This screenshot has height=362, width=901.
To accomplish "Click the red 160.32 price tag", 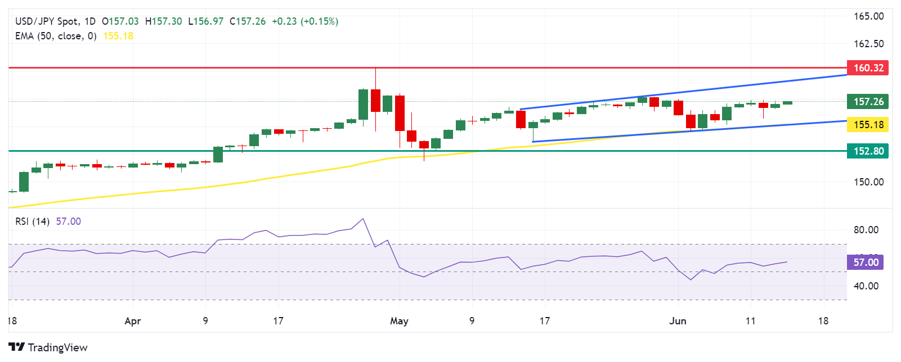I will pos(867,68).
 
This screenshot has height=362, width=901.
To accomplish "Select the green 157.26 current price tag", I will pos(867,102).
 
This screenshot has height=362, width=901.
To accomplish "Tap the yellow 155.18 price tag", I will pos(867,125).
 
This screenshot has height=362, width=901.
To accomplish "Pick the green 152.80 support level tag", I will pos(867,151).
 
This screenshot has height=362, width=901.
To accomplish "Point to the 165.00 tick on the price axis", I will pos(868,16).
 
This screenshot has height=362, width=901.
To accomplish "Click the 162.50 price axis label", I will pos(868,44).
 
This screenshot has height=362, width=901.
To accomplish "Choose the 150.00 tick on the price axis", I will pos(868,182).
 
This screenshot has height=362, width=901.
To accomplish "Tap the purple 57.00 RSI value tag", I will pos(865,263).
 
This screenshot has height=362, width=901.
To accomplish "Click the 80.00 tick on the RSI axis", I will pos(866,230).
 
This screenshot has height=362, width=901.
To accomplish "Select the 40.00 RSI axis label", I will pos(866,286).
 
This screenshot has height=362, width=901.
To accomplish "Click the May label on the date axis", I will pos(399,321).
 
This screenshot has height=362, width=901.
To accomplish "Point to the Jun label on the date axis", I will pos(678,321).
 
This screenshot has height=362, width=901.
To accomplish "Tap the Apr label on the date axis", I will pos(132,321).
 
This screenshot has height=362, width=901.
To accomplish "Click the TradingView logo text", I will pos(48,347).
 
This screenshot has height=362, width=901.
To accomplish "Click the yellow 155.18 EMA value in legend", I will pos(118,36).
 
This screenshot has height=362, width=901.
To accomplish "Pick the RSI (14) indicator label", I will pos(32,221).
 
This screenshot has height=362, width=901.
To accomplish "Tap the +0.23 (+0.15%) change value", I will pos(305,21).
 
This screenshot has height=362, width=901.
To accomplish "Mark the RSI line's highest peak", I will pos(363,219).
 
